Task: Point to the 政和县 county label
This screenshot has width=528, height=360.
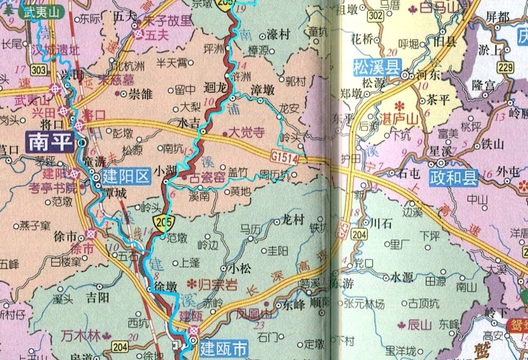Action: [x=454, y=179]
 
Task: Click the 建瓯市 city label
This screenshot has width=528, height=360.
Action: [x=224, y=346]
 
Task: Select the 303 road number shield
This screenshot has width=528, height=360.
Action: [x=38, y=70]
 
